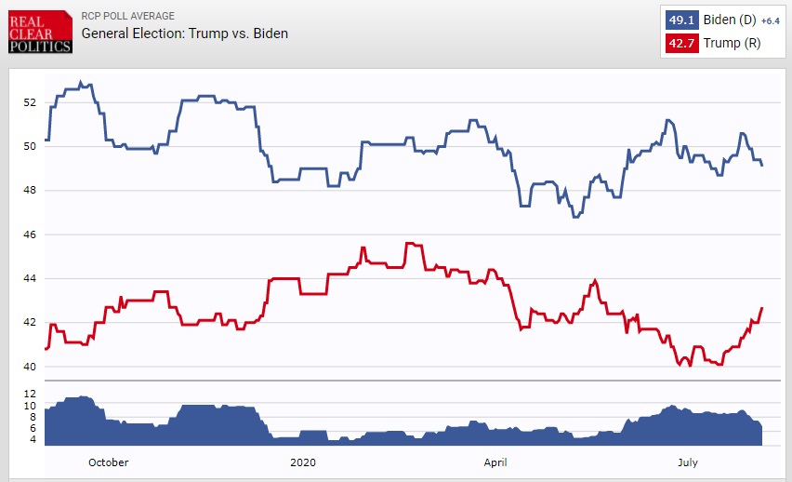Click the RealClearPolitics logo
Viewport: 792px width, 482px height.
click(40, 33)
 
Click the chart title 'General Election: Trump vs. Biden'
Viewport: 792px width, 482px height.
click(185, 33)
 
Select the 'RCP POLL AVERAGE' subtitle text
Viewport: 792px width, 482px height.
click(127, 16)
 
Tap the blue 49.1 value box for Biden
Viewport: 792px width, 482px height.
click(678, 20)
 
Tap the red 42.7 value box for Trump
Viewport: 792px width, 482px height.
click(678, 42)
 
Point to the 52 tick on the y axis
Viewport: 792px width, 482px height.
click(30, 102)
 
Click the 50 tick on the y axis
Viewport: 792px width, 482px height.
click(30, 146)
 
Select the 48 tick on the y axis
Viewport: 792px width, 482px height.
click(30, 191)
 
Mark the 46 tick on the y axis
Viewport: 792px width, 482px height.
click(30, 234)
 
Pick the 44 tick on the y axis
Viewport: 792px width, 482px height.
click(30, 278)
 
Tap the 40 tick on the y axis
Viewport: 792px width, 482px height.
click(30, 367)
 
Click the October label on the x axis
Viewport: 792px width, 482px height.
click(110, 462)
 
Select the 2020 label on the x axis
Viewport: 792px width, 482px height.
click(304, 462)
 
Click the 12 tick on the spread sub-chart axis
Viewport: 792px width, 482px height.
click(30, 395)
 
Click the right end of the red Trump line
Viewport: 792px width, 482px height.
click(762, 308)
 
